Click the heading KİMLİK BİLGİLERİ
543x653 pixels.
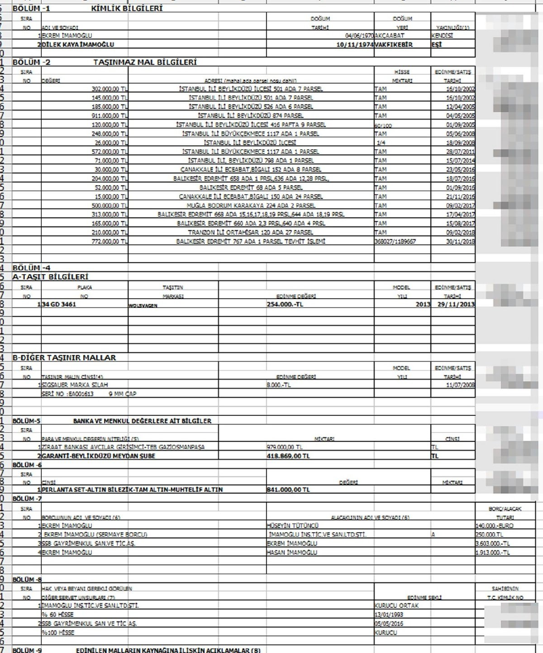(x=127, y=8)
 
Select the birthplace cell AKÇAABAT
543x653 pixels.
(x=390, y=35)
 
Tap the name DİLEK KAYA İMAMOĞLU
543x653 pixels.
(x=78, y=44)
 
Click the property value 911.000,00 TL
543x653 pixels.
(x=110, y=115)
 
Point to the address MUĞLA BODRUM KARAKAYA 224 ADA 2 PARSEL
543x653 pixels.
(x=251, y=205)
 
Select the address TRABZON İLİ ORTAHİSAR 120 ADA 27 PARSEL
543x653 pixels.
(x=251, y=232)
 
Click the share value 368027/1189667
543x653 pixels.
(x=395, y=241)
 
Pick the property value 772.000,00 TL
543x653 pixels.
(x=110, y=241)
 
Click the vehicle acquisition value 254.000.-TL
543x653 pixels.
(x=285, y=304)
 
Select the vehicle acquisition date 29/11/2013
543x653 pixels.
(x=456, y=304)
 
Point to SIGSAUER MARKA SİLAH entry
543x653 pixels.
(x=75, y=385)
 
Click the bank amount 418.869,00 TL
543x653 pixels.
(x=288, y=456)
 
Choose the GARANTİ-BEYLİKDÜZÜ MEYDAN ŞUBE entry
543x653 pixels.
(x=98, y=456)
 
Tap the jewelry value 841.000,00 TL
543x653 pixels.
(x=288, y=490)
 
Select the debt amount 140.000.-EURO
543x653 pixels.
(x=494, y=525)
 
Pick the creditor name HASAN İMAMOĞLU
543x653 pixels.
(x=292, y=552)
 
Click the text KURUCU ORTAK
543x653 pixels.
(x=397, y=605)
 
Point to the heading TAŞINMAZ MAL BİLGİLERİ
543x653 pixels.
(x=145, y=62)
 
